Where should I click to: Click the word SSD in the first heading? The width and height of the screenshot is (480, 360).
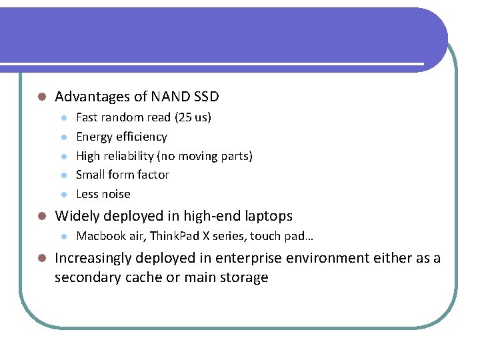[206, 97]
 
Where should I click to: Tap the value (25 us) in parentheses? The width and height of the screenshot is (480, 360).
[193, 117]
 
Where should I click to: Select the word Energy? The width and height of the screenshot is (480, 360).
[94, 137]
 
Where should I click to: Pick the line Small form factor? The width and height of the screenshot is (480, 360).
[123, 175]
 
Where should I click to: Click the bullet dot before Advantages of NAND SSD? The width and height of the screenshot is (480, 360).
[41, 97]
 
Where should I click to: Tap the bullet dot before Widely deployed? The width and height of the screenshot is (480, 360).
[41, 217]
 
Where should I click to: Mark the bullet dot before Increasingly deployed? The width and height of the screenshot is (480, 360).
[41, 259]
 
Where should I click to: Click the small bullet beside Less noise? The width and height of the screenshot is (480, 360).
[63, 195]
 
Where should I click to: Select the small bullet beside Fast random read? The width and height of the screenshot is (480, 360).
[63, 118]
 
